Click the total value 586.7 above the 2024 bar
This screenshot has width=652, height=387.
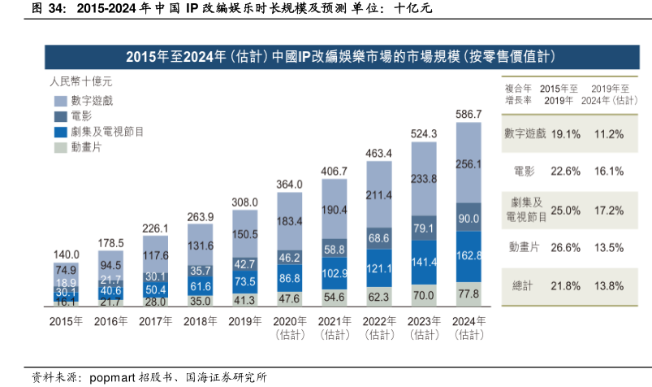[x=469, y=115]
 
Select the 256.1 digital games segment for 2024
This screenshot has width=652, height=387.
[x=469, y=163]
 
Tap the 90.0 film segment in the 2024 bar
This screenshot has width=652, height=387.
[x=469, y=218]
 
